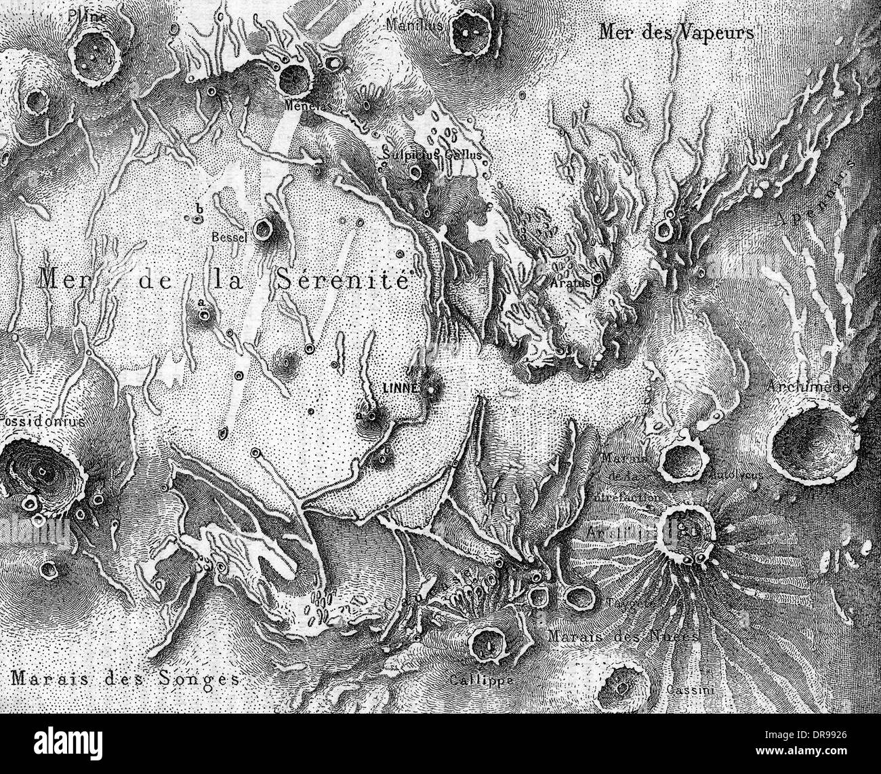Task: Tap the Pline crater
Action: pyautogui.click(x=96, y=53)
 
